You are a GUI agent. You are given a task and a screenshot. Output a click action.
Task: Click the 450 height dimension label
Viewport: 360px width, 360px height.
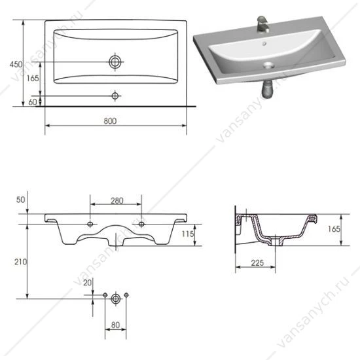pyautogui.click(x=16, y=64)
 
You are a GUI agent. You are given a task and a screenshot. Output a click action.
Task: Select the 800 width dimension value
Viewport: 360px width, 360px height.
pyautogui.click(x=110, y=121)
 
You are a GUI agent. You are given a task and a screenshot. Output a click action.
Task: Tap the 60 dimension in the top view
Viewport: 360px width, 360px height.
pyautogui.click(x=32, y=102)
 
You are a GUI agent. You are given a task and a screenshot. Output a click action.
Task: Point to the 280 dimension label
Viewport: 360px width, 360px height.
pyautogui.click(x=117, y=201)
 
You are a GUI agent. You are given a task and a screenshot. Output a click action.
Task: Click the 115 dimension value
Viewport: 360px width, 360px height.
pyautogui.click(x=188, y=234)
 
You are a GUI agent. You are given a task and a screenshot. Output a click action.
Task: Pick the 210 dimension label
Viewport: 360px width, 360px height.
pyautogui.click(x=21, y=262)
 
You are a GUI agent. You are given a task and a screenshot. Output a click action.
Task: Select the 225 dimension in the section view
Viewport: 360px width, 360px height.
pyautogui.click(x=257, y=263)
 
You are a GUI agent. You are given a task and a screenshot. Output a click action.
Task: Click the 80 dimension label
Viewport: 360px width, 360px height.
pyautogui.click(x=115, y=325)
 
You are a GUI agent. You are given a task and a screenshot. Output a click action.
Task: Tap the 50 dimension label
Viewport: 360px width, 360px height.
pyautogui.click(x=21, y=200)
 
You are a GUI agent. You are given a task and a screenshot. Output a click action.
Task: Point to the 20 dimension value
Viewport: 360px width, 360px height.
pyautogui.click(x=87, y=283)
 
